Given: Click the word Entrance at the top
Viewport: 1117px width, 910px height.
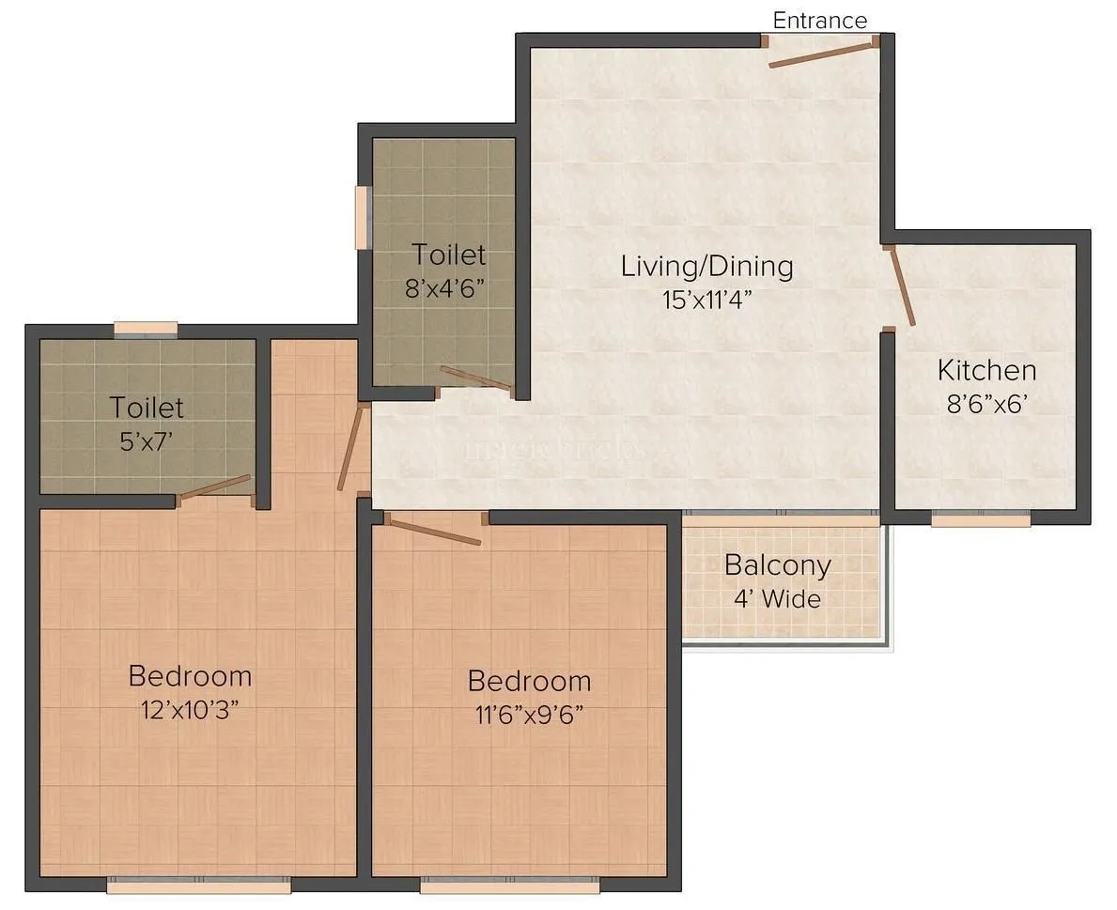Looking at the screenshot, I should tap(819, 20).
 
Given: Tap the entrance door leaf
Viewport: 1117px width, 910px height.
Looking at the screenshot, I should tap(823, 53).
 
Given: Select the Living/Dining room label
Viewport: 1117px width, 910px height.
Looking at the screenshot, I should tap(706, 266).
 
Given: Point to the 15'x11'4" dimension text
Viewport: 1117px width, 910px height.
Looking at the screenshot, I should tap(706, 300).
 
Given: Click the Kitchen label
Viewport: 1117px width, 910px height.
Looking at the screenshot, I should tap(986, 370).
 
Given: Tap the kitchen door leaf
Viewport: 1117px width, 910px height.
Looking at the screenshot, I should tap(902, 285).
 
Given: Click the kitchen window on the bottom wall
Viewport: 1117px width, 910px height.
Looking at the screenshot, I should tap(980, 518).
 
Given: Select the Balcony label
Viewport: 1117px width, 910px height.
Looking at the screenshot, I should tap(777, 565).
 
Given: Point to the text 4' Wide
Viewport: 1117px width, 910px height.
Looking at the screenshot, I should tap(777, 598).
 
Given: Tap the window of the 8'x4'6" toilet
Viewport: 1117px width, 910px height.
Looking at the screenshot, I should tap(361, 218).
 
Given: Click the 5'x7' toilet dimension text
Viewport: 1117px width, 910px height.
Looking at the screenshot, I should tap(147, 440).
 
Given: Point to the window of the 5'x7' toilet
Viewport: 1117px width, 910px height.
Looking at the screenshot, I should tap(146, 329).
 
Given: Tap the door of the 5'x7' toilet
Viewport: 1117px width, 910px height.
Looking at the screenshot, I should tap(215, 486).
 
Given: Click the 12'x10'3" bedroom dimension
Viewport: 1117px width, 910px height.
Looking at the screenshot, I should tap(190, 709).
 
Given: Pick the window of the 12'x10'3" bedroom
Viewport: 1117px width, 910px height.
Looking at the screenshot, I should tap(198, 884).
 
